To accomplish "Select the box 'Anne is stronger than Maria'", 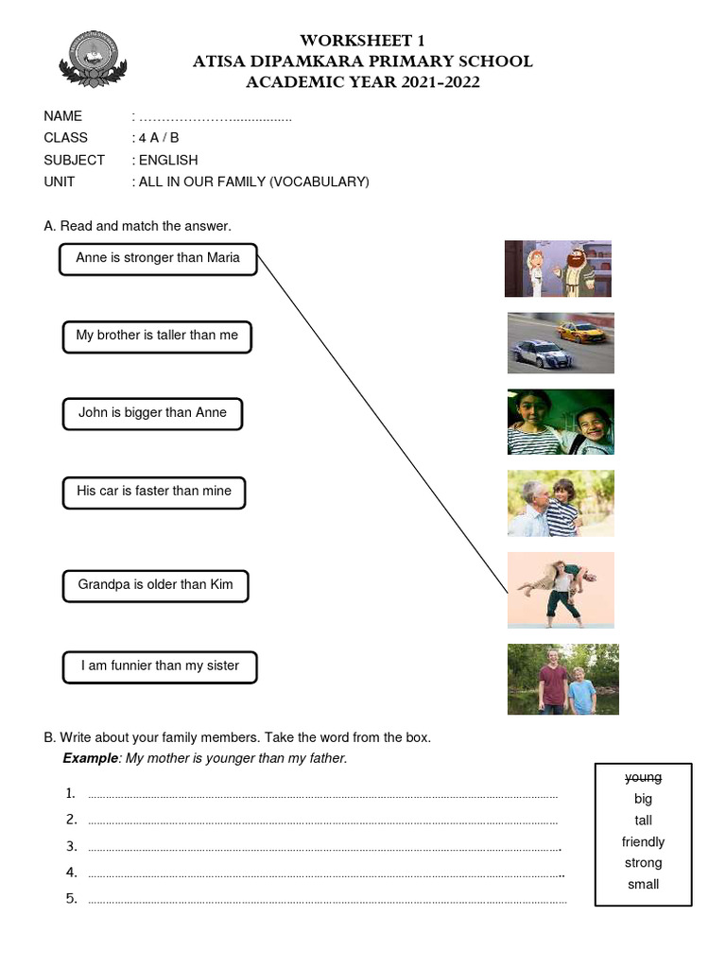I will pos(158,258).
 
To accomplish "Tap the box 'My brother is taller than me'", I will pos(157,336).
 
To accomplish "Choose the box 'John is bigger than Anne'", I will pos(152,413).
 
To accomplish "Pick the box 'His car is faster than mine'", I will pos(153,492).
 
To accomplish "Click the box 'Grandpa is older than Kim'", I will pos(155,585).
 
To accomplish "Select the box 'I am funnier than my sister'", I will pos(160,666).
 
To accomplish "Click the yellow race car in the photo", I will pos(579,331).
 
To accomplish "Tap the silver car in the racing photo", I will pos(541,354).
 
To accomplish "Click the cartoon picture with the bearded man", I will pos(558,268).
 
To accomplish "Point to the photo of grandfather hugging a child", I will pos(561,503).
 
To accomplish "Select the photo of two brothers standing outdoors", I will pos(562,679).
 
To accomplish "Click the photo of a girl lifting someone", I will pos(561,590).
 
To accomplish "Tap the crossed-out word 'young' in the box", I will pos(643,778).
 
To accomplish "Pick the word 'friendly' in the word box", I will pos(643,842).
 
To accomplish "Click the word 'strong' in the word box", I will pos(643,863).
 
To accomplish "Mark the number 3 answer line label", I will pos(71,845).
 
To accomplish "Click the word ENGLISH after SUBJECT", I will pos(168,160).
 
